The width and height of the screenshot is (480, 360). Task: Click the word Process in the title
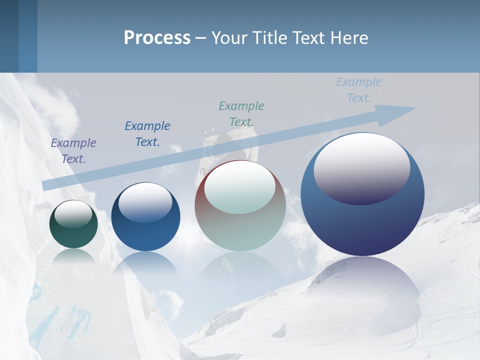pos(157,38)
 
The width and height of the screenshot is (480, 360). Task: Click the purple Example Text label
pos(73,150)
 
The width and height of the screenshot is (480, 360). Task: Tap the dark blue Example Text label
pos(147,133)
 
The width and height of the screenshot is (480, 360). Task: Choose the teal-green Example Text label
pos(241,113)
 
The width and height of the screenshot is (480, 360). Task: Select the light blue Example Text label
pos(359,89)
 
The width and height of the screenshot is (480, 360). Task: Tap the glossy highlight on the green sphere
pos(73,214)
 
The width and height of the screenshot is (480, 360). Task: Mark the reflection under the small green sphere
pos(73,256)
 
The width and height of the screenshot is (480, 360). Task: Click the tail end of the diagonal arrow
pos(46,185)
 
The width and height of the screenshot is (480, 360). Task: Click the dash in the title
pos(200,38)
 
